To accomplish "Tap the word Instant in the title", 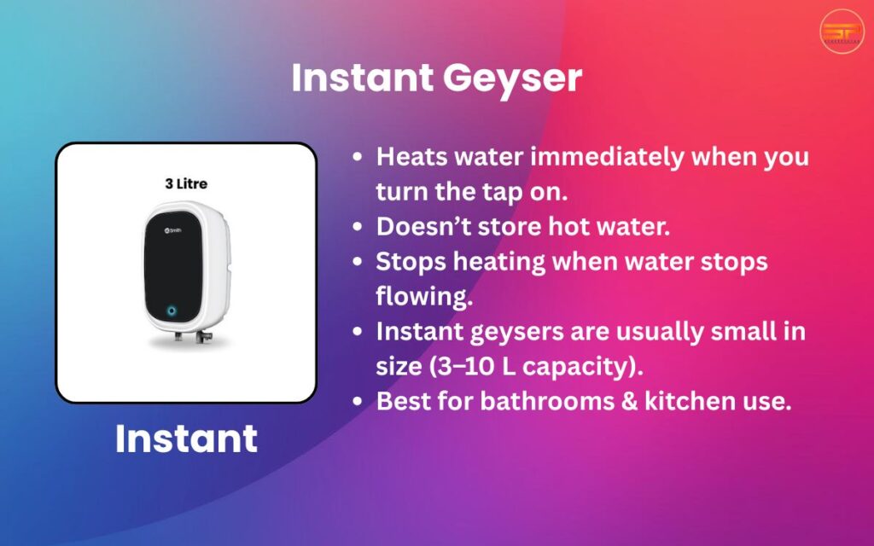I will click(x=362, y=79).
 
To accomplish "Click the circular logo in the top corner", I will click(x=842, y=32).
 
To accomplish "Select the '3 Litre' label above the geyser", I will click(x=186, y=183).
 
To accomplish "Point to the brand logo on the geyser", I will click(x=174, y=229).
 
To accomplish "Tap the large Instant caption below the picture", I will click(x=186, y=439).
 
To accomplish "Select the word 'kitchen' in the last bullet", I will click(x=685, y=400).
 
